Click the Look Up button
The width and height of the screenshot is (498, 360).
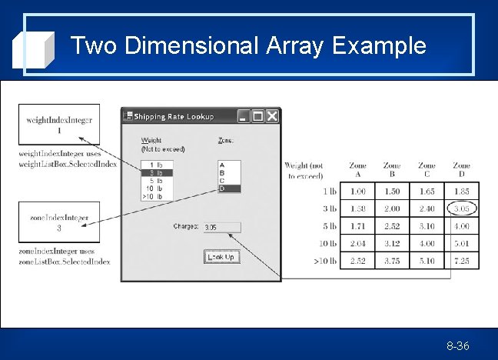click(x=221, y=258)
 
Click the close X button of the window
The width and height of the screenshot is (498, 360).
click(x=272, y=116)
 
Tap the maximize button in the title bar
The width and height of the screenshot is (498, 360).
click(x=258, y=116)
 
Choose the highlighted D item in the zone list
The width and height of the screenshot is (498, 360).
click(x=230, y=188)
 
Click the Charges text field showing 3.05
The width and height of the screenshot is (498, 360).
click(x=222, y=227)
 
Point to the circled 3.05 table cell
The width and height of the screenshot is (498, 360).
click(x=461, y=208)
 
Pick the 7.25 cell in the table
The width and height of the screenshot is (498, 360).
click(x=461, y=262)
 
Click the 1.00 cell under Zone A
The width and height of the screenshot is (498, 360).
click(x=357, y=191)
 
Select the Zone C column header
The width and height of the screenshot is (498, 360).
click(x=427, y=170)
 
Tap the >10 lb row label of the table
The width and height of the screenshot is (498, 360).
click(x=325, y=262)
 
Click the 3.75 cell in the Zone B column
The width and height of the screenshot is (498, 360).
click(x=392, y=262)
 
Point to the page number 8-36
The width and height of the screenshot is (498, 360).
click(x=458, y=346)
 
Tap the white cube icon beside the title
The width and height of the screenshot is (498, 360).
click(x=34, y=49)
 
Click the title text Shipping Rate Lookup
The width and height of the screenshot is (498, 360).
click(x=174, y=117)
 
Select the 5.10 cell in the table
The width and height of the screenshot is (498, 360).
click(x=427, y=262)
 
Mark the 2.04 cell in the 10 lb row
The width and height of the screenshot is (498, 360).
click(x=357, y=244)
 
